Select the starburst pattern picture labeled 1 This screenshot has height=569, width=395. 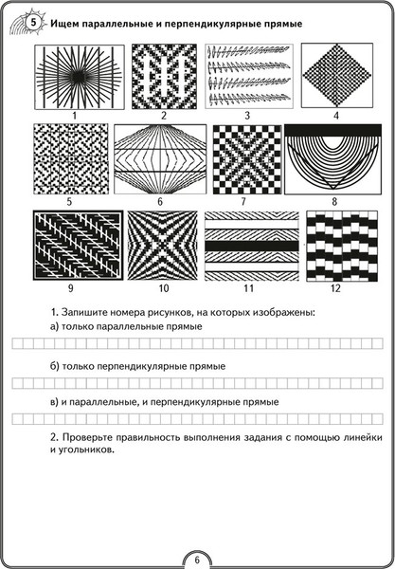click(72, 77)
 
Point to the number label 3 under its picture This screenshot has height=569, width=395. click(247, 117)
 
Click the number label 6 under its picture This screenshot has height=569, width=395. click(159, 202)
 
